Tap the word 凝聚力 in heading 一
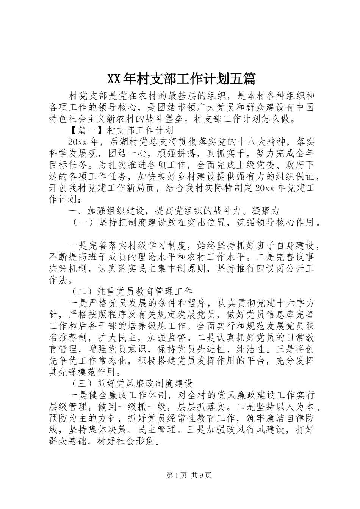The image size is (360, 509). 265,211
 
